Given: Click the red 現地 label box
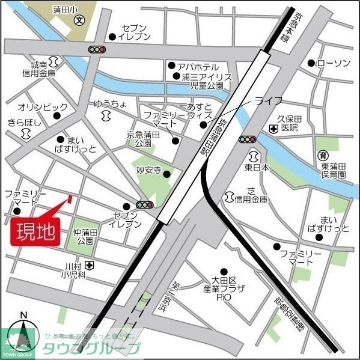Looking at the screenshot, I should click(x=35, y=231).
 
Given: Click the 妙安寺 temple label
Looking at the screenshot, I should click(x=150, y=171).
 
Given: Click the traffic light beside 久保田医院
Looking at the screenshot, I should click(x=247, y=139).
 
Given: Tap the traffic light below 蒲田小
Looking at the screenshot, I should click(x=97, y=49).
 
